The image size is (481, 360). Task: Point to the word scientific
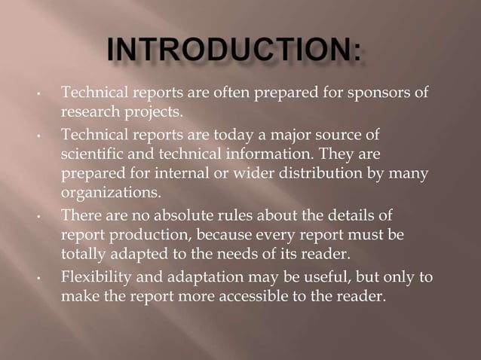click(91, 155)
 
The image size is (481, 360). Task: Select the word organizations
click(110, 194)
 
